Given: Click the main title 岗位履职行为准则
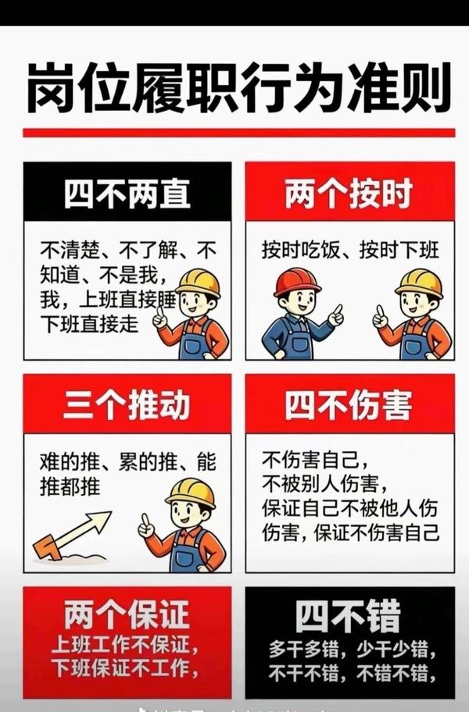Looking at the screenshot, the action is [238, 88].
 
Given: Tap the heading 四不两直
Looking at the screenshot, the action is [127, 194].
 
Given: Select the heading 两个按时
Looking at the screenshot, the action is [349, 194].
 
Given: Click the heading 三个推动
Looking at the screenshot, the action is [127, 404].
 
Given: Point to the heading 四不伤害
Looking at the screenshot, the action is [349, 404].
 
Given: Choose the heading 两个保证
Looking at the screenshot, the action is [127, 614].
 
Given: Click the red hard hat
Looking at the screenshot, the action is [297, 282].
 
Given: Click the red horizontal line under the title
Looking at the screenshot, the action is [239, 133].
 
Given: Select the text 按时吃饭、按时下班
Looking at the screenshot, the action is [350, 250].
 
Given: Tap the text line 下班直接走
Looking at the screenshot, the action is [89, 324].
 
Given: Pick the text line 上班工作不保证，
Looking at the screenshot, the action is [125, 644].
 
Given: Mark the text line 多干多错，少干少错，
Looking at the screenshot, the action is [352, 650].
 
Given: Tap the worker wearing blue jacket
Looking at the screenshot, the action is [301, 314].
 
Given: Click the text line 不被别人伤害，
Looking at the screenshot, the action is [325, 484].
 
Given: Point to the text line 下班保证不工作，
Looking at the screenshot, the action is [125, 668].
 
